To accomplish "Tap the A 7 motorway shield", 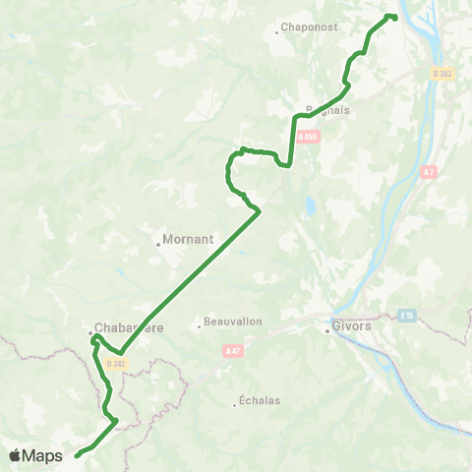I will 428,172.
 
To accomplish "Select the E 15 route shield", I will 408,315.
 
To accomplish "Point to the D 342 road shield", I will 115,362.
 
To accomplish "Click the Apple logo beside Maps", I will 15,455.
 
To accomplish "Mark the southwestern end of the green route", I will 77,455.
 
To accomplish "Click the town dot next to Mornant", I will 158,244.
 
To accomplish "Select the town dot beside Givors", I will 327,330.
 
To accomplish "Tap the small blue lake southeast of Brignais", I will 310,207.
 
